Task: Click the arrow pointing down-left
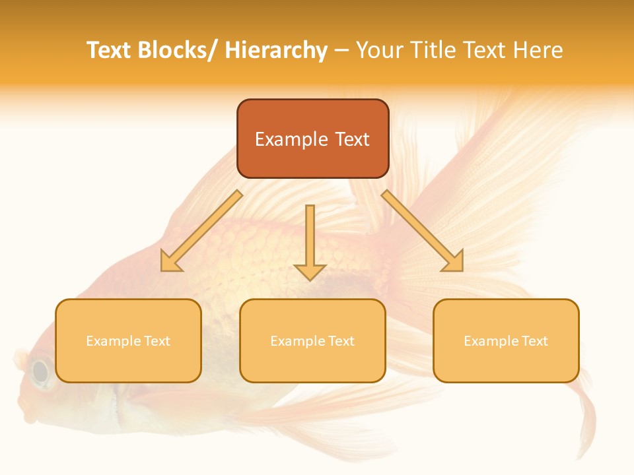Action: pyautogui.click(x=201, y=231)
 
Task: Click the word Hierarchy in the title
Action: pyautogui.click(x=276, y=50)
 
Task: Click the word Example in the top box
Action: pyautogui.click(x=291, y=139)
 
